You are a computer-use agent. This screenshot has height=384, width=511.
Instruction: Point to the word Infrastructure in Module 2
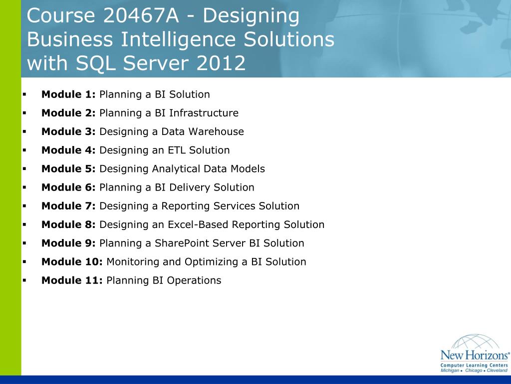coord(204,113)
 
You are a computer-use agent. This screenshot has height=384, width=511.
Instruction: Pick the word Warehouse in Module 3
coord(221,131)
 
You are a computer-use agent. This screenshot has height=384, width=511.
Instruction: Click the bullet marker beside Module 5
coord(24,168)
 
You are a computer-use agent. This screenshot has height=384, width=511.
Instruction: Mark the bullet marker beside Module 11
coord(24,280)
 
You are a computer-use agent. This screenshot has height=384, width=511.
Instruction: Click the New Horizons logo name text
coord(474,356)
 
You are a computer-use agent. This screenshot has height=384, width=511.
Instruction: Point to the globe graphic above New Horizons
coord(475,342)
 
